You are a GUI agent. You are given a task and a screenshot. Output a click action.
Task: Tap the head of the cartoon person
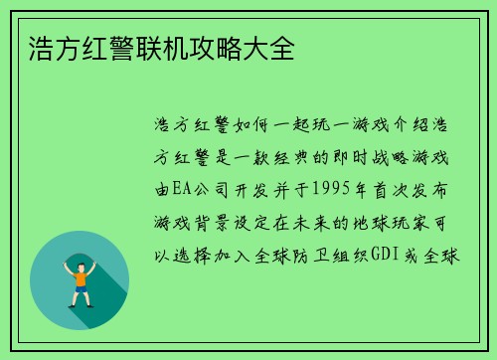(79, 259)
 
